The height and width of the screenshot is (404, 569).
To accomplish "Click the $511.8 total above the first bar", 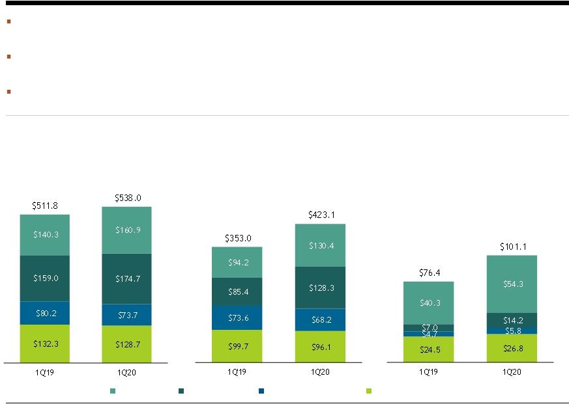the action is tap(44, 206).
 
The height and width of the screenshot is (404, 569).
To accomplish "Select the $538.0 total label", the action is tap(128, 198).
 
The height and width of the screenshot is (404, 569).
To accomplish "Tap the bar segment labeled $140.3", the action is tap(44, 235).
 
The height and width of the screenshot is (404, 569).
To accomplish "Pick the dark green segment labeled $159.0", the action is tap(44, 278).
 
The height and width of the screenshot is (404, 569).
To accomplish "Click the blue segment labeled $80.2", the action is tap(44, 313).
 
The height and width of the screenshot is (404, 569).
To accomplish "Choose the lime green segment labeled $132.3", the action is tap(44, 343).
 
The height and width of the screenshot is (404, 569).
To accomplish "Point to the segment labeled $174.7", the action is tap(126, 278).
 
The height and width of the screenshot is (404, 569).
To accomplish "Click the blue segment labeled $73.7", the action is tap(126, 315).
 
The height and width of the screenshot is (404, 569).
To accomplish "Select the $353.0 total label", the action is tap(238, 238).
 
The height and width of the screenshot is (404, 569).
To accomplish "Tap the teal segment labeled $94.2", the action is tap(237, 262).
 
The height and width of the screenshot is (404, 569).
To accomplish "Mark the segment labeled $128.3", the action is tap(320, 288).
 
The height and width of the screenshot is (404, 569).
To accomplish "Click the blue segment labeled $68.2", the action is tap(320, 319).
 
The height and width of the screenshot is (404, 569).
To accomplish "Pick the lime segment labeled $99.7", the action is tap(237, 346).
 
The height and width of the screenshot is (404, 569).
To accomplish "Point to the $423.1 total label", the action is tap(321, 215).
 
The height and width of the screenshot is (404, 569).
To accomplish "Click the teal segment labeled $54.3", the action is tap(512, 284).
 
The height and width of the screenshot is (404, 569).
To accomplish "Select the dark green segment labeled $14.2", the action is tap(512, 320).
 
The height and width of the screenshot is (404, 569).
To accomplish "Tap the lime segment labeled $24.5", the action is tap(429, 349).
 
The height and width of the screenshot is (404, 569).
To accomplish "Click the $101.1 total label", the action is tap(513, 247).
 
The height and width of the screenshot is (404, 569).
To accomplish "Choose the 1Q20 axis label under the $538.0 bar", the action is tap(126, 372).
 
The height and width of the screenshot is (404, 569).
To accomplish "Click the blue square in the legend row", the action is tap(261, 391).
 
